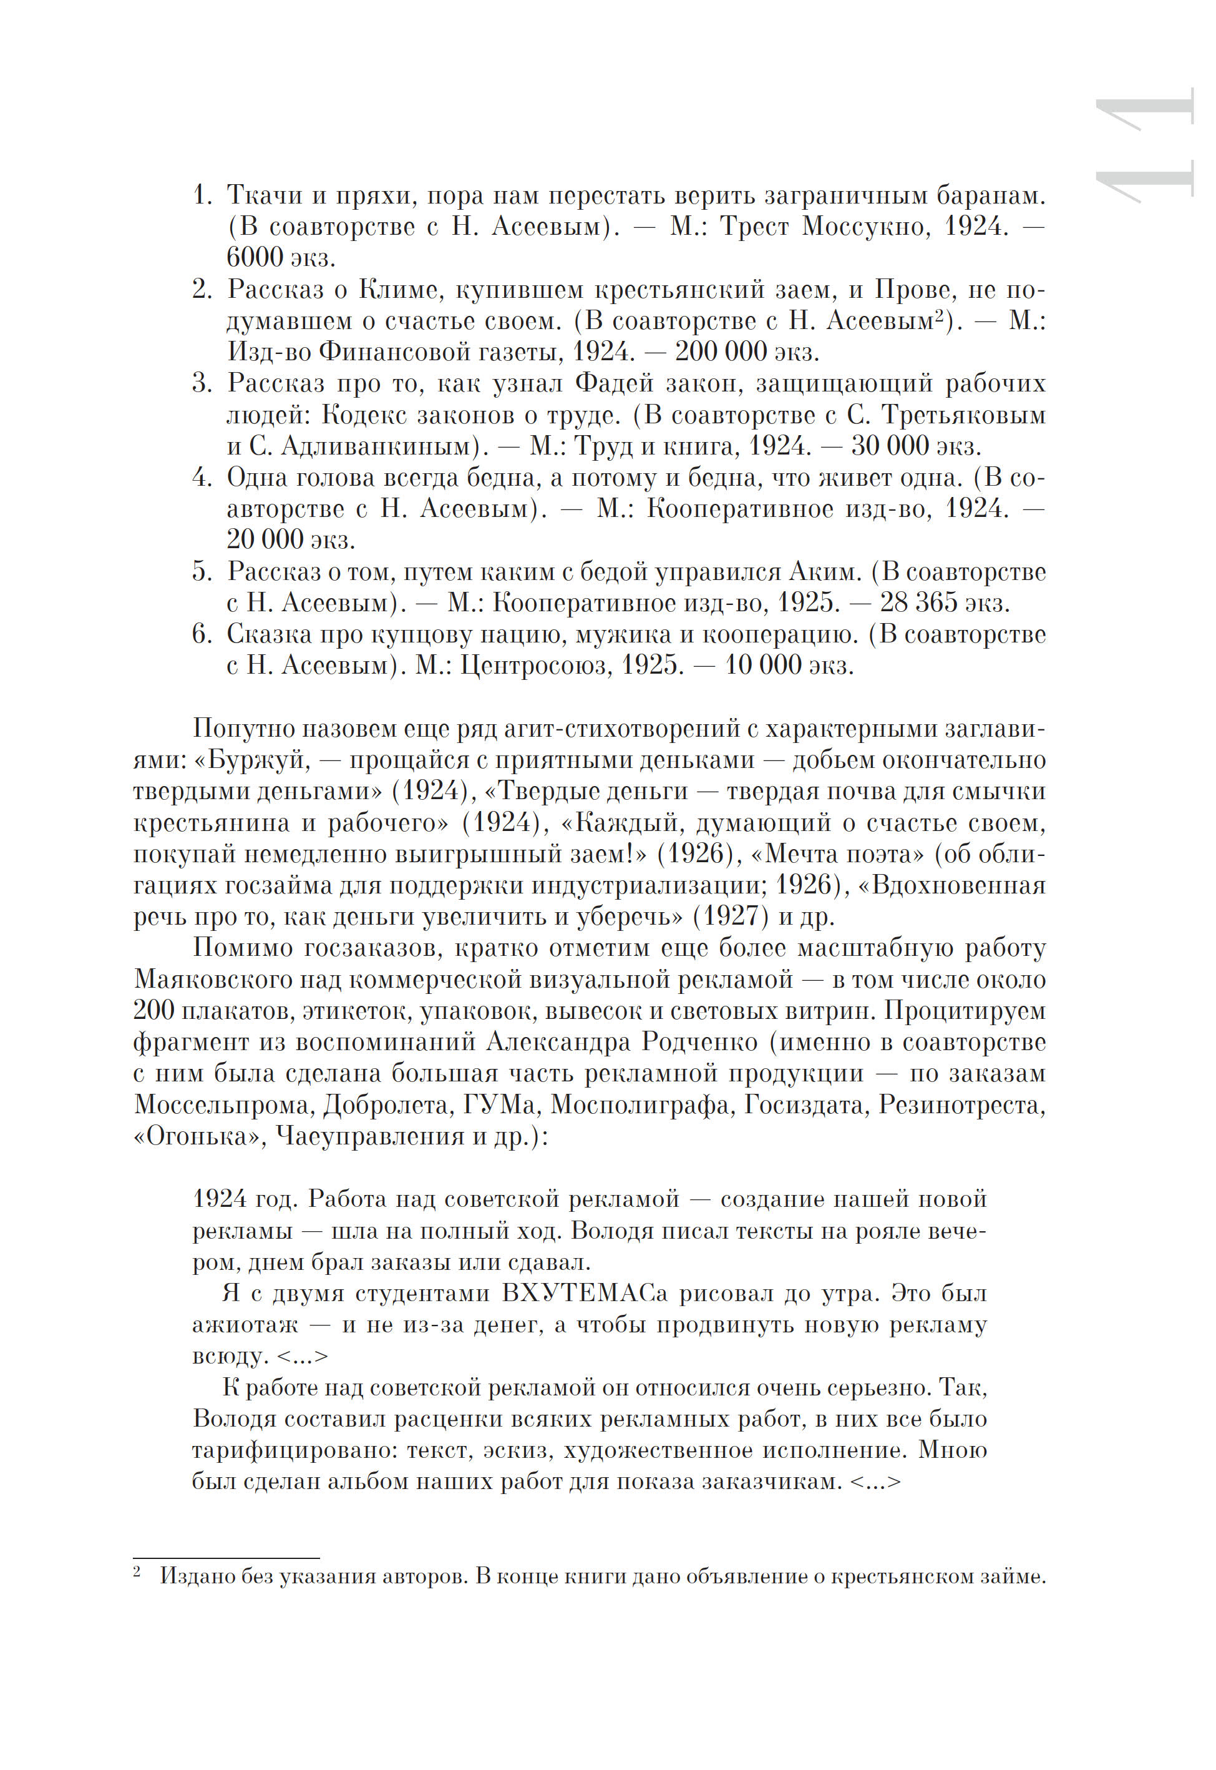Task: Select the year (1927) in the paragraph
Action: tap(728, 917)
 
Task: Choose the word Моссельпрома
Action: tap(223, 1104)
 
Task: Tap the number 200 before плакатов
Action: tap(153, 1011)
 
